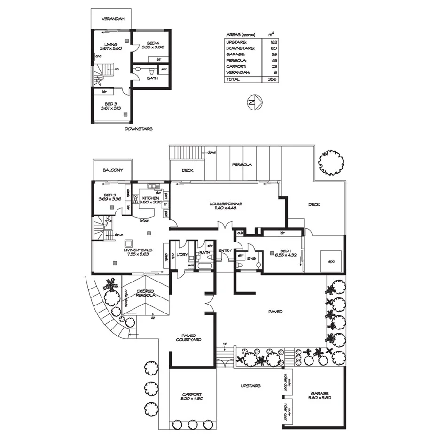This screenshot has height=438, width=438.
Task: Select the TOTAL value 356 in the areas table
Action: point(271,79)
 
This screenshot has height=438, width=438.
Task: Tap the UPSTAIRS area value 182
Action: point(271,42)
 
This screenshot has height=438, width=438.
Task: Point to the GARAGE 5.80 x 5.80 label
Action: point(319,396)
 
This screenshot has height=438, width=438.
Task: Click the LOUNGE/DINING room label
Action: point(226,206)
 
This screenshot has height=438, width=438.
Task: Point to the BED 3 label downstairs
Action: point(110,105)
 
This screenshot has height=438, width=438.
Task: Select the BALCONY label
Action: point(113,170)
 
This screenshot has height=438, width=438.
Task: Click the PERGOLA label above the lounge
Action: point(242,165)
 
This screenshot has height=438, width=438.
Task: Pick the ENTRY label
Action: point(225,250)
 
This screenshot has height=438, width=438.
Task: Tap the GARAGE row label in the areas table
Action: point(235,54)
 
